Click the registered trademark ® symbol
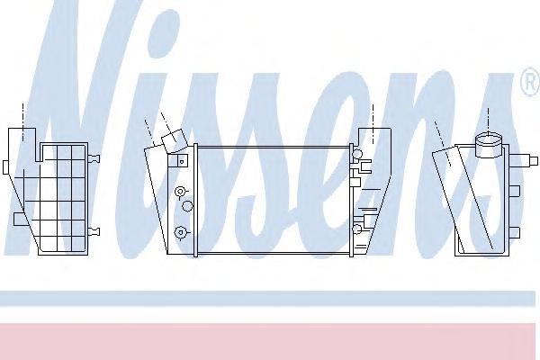coord(531,82)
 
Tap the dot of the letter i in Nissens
coord(165,33)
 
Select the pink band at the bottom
coord(268,341)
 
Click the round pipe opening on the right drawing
coord(489,139)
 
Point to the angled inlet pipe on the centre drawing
coord(175,140)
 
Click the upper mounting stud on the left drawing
coord(94,158)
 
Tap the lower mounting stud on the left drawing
coord(94,231)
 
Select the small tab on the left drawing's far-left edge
coord(6,167)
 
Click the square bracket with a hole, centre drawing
coord(182,160)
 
